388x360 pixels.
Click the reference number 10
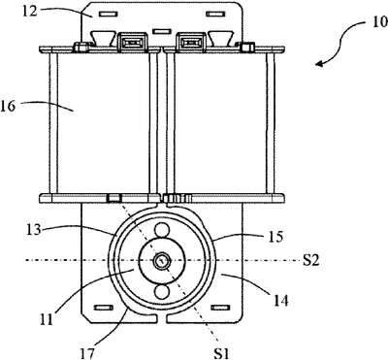coord(380,22)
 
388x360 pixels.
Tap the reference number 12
coord(30,11)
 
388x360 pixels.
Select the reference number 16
coord(8,106)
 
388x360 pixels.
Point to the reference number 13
coord(34,230)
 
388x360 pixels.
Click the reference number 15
coord(275,237)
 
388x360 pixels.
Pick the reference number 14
coord(280,301)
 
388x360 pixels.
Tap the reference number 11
coord(46,319)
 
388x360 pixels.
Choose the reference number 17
coord(86,353)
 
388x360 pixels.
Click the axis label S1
coord(221,353)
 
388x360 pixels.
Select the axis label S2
coord(310,260)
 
